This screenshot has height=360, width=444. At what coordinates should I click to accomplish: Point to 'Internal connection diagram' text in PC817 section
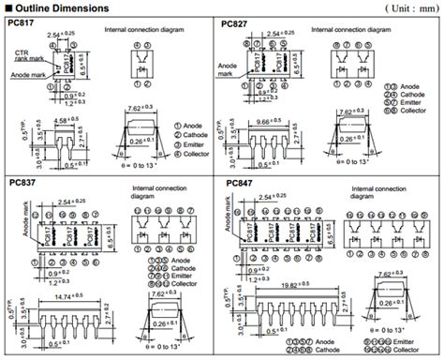click(x=143, y=31)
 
